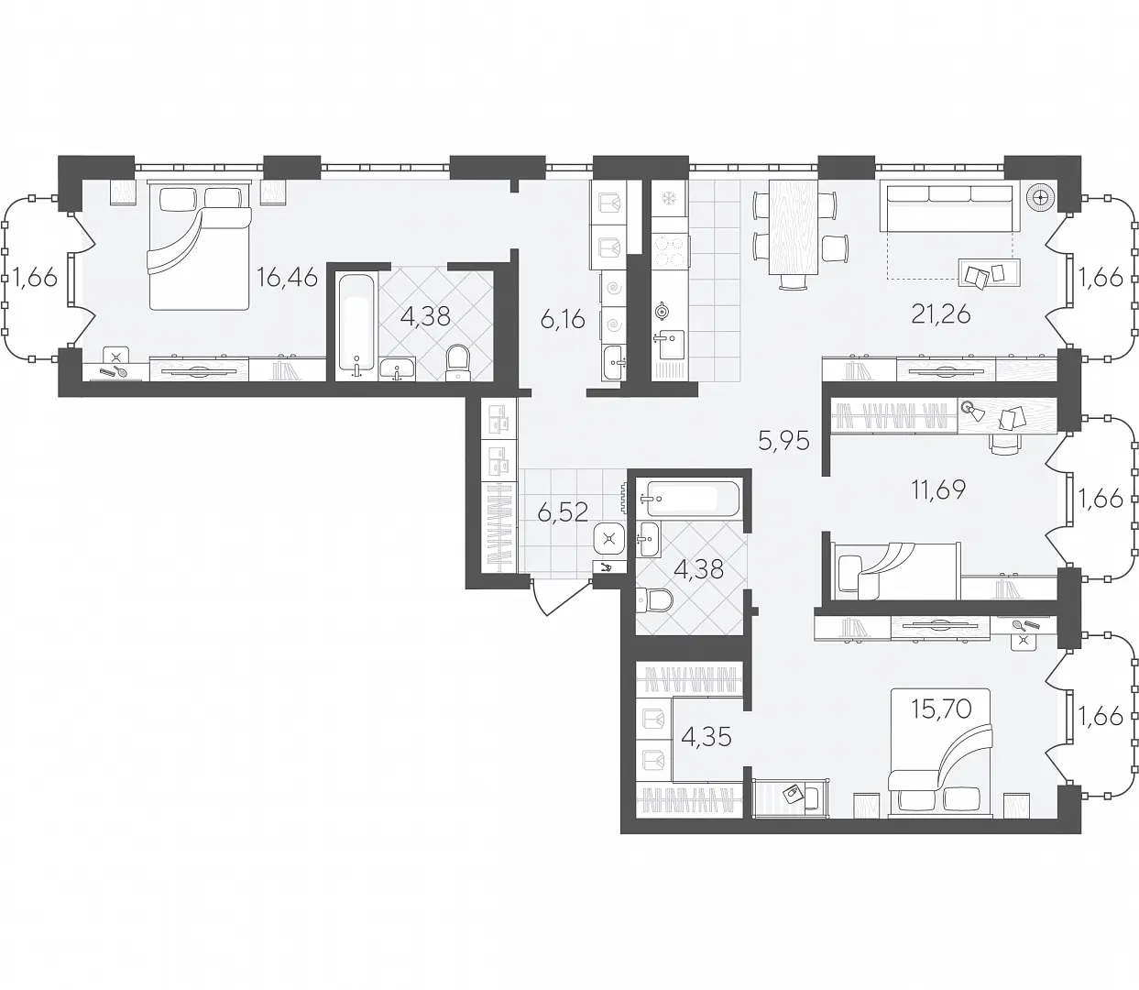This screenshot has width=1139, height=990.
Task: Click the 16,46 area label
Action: pyautogui.click(x=287, y=277)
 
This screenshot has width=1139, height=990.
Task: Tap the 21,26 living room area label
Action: pyautogui.click(x=941, y=315)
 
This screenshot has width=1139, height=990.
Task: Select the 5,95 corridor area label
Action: pyautogui.click(x=783, y=441)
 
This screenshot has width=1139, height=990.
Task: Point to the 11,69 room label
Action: pyautogui.click(x=938, y=490)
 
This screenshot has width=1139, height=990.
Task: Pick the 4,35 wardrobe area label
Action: pyautogui.click(x=706, y=737)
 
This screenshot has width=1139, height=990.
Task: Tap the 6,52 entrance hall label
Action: pyautogui.click(x=563, y=511)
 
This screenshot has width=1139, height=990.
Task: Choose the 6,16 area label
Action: pyautogui.click(x=563, y=320)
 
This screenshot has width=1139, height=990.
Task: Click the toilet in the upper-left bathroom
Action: pyautogui.click(x=459, y=362)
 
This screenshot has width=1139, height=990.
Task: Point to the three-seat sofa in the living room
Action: pyautogui.click(x=949, y=208)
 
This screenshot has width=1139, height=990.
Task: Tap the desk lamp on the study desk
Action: pyautogui.click(x=974, y=411)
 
